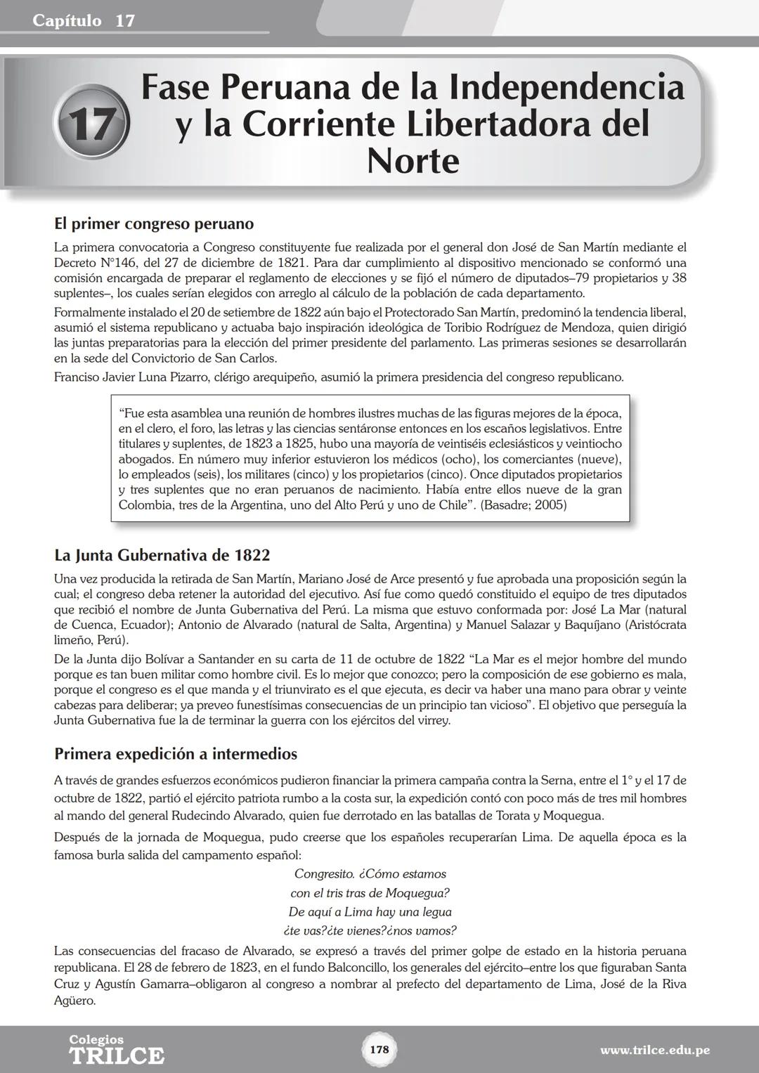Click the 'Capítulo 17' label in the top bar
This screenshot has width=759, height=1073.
click(x=84, y=21)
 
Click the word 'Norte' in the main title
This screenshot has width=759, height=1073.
click(x=413, y=161)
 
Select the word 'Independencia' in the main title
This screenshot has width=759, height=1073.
click(x=566, y=88)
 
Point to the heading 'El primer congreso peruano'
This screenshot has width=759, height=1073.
click(x=154, y=224)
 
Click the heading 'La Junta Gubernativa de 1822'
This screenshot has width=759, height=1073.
click(x=162, y=555)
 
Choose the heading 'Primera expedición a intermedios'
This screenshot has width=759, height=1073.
click(x=176, y=754)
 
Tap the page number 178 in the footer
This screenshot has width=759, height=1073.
click(x=379, y=1049)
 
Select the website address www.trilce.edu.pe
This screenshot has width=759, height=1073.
click(x=654, y=1051)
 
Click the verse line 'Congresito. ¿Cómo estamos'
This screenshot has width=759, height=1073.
click(x=370, y=874)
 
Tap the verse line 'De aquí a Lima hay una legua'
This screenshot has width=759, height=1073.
click(x=370, y=912)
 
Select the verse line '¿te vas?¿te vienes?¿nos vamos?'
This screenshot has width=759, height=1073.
click(x=370, y=931)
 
